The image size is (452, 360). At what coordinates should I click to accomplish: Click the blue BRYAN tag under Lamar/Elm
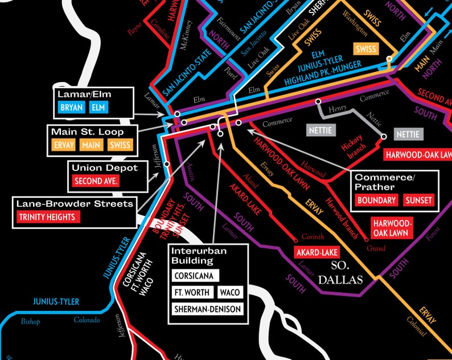[71, 107]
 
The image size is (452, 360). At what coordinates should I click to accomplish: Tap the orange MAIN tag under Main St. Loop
[92, 145]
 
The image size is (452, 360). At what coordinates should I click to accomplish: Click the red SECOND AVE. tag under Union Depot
[95, 181]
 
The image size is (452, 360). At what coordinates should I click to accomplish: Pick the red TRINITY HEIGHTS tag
[48, 217]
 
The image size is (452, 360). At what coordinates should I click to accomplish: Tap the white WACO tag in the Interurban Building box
[230, 293]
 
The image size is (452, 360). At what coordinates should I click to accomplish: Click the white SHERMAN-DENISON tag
[208, 310]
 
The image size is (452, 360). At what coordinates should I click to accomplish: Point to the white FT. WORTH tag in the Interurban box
[192, 293]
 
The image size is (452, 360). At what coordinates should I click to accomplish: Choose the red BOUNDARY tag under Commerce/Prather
[376, 200]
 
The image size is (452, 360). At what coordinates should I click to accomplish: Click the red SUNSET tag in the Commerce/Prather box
[418, 200]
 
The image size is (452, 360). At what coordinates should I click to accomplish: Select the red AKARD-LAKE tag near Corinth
[317, 252]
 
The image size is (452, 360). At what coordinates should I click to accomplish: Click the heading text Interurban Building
[192, 256]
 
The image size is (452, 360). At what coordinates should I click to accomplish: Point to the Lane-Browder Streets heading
[75, 203]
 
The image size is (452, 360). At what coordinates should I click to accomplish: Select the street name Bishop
[31, 322]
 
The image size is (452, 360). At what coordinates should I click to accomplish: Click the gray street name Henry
[338, 108]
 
